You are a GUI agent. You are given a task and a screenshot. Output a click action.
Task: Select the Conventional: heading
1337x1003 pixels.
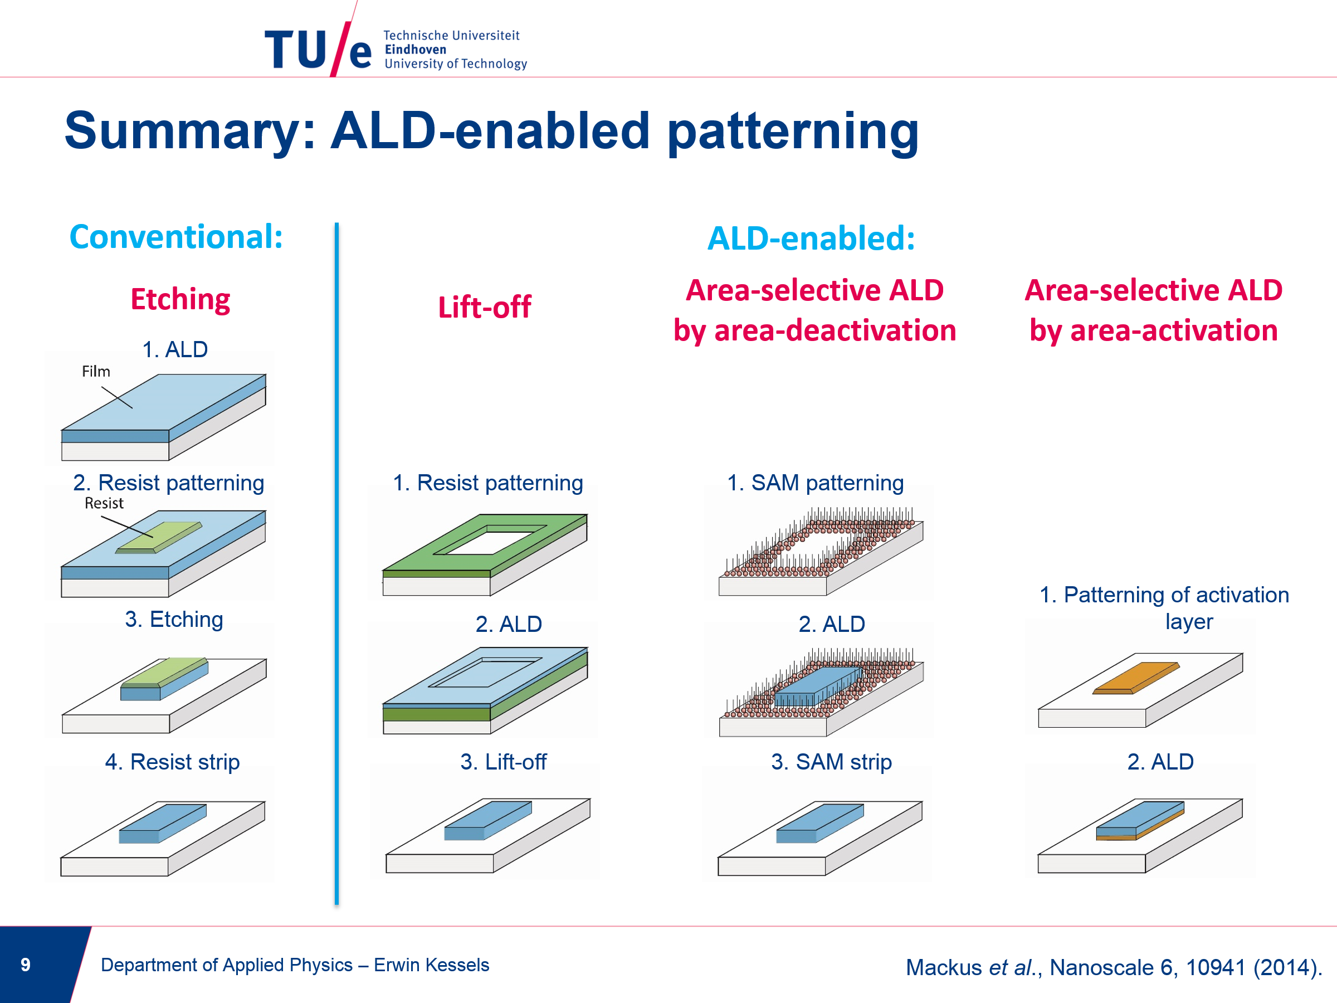tap(177, 236)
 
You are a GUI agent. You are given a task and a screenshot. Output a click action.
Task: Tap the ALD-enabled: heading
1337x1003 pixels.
tap(811, 238)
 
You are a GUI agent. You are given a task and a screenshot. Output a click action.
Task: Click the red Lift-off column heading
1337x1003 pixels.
tap(485, 307)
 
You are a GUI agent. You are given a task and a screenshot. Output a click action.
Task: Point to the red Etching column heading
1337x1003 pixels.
tap(180, 300)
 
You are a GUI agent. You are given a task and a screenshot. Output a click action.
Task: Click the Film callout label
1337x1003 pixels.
tap(96, 371)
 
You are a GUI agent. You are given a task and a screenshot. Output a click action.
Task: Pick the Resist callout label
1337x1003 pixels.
tap(104, 503)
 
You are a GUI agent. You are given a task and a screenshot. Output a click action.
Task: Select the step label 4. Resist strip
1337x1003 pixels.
tap(172, 762)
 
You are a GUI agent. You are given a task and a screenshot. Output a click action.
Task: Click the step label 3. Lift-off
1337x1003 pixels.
tap(504, 762)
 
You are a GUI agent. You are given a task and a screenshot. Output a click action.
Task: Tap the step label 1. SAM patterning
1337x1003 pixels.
tap(816, 483)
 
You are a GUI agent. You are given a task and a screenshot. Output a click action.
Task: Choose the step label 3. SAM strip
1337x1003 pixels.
tap(832, 762)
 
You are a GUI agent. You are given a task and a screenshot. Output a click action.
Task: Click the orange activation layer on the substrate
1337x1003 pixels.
tap(1136, 678)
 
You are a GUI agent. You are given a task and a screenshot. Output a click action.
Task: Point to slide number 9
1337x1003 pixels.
tap(26, 965)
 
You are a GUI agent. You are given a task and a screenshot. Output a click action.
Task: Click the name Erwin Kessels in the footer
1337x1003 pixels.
tap(432, 965)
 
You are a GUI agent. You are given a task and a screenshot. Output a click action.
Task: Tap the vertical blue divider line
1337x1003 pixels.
tap(336, 563)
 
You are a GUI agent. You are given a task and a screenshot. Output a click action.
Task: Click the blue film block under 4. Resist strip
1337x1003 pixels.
tap(163, 824)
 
